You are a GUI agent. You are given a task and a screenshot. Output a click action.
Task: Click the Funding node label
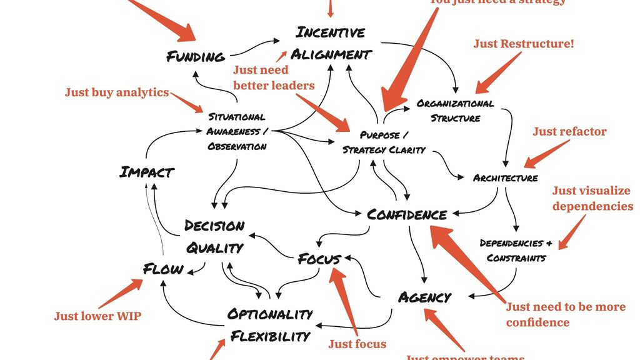[195, 57]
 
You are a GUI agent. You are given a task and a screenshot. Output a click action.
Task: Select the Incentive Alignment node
[331, 43]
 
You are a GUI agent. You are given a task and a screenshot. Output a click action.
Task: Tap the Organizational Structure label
[455, 111]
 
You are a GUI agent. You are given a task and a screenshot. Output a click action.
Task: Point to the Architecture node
[505, 178]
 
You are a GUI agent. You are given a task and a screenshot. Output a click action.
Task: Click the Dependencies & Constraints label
[516, 250]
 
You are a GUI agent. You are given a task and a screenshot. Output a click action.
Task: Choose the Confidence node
[407, 215]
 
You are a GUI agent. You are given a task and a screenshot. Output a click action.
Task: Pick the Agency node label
[424, 297]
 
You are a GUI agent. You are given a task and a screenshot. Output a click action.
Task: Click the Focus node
[319, 259]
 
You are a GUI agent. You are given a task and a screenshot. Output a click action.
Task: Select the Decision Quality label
[214, 236]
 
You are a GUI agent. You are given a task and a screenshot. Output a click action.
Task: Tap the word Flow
[163, 269]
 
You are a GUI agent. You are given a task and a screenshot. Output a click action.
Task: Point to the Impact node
[146, 172]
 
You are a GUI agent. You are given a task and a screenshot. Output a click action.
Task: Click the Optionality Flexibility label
[270, 325]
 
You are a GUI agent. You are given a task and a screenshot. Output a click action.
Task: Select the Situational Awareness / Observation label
[237, 131]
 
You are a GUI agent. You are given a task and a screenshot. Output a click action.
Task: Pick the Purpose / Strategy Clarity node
[384, 142]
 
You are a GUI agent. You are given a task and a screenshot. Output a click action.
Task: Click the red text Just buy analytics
[117, 92]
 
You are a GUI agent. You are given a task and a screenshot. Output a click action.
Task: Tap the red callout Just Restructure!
[523, 44]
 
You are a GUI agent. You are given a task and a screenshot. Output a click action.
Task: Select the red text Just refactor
[569, 131]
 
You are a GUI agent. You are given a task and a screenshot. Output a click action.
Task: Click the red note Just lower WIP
[97, 316]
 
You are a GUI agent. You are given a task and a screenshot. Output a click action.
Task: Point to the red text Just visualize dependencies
[592, 198]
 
